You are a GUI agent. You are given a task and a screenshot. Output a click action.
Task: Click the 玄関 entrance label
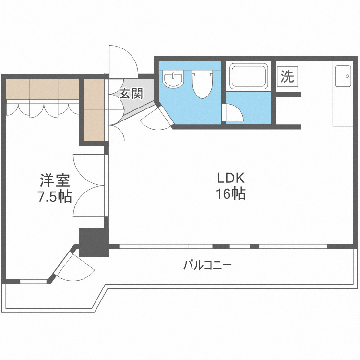click(131, 93)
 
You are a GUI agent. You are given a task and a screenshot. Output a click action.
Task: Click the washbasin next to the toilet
click(173, 79)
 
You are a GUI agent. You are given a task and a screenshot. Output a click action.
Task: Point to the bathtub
click(248, 76)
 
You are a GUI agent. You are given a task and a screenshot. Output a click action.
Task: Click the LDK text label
click(231, 179)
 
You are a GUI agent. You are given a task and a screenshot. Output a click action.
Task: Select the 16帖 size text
click(231, 194)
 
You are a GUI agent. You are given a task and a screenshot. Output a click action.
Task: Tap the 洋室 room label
click(55, 181)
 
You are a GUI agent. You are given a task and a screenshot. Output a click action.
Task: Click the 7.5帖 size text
click(55, 196)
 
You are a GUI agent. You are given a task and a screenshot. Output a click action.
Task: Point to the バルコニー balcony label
click(208, 265)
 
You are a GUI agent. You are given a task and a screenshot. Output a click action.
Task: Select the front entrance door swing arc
click(122, 60)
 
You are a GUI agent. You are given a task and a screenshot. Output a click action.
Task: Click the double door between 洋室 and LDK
click(89, 185)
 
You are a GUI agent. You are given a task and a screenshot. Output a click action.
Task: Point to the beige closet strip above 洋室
click(42, 88)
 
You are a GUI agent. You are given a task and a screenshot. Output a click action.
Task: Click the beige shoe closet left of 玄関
click(94, 109)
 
